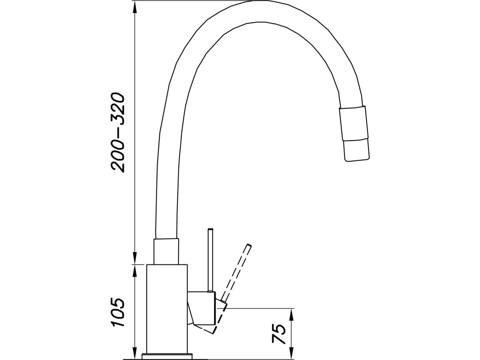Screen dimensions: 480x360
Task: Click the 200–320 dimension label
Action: (117, 133)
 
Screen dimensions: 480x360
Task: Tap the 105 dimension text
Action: (117, 313)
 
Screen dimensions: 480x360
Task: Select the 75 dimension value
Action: (278, 334)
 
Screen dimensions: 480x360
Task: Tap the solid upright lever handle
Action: (211, 260)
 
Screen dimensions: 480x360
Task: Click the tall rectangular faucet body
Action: (167, 307)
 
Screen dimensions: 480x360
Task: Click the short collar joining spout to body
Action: (166, 252)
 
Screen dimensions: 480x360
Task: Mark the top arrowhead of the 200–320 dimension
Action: (135, 6)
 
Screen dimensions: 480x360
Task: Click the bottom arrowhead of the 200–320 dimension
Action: (135, 261)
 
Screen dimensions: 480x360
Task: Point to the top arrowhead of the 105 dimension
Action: (135, 270)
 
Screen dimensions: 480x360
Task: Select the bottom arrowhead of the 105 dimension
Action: (135, 352)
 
